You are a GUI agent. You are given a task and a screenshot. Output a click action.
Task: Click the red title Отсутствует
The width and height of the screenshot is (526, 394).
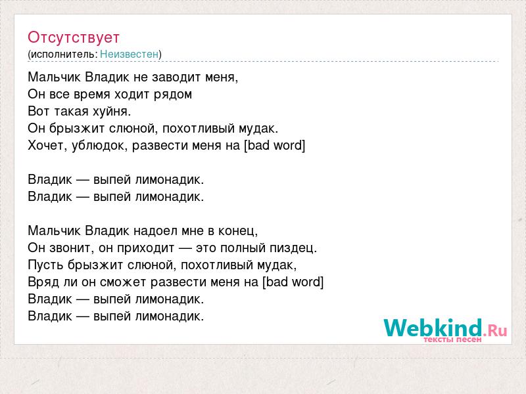click(74, 37)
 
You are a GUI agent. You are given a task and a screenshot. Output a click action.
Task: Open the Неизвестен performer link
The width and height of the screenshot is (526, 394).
click(129, 54)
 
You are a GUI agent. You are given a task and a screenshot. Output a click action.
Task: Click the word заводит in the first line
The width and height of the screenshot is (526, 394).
click(174, 77)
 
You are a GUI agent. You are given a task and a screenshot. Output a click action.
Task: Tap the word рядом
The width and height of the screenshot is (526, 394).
click(173, 95)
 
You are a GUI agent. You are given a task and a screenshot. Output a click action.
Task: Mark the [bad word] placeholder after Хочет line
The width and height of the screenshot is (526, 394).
click(274, 145)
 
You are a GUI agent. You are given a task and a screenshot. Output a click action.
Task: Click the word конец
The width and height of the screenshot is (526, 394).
click(238, 231)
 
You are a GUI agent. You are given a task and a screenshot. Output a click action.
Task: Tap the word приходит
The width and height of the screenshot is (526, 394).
click(145, 248)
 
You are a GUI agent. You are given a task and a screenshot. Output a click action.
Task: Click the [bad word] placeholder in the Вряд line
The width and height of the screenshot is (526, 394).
click(293, 282)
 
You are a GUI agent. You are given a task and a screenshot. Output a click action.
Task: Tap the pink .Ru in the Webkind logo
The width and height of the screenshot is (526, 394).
click(495, 330)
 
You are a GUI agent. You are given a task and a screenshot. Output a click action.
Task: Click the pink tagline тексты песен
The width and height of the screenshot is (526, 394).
click(452, 339)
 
